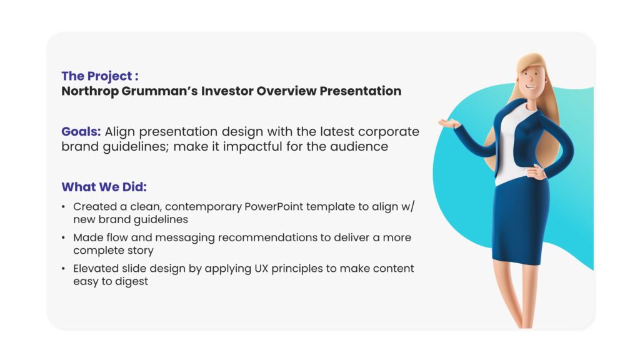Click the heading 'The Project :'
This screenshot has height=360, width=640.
(100, 76)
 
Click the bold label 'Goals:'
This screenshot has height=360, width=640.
(81, 132)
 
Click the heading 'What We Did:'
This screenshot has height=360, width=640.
(104, 187)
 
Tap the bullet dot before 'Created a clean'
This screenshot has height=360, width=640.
(63, 207)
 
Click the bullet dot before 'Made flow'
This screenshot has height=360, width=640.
(63, 237)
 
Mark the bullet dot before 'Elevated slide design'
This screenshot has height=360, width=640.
(63, 269)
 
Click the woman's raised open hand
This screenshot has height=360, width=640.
(449, 122)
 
